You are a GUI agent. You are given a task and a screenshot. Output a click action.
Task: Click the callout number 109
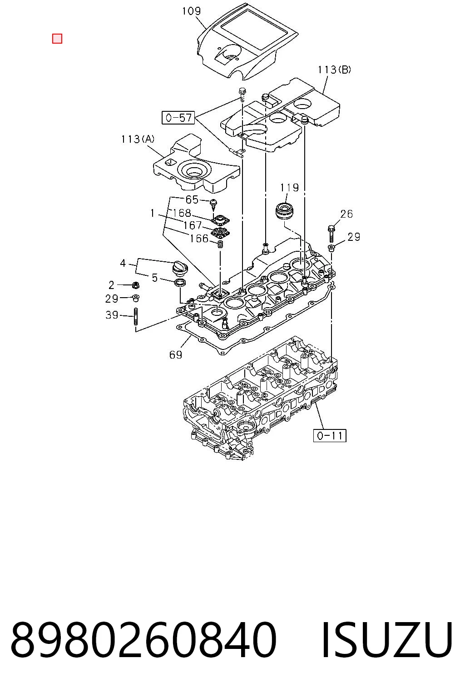click(x=191, y=11)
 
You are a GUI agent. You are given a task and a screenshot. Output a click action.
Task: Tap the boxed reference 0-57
click(x=178, y=118)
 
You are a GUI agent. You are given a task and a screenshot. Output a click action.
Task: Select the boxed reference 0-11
click(x=330, y=435)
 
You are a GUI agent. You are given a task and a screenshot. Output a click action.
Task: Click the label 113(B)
click(x=334, y=70)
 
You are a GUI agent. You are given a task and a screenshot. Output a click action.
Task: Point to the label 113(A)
click(x=138, y=139)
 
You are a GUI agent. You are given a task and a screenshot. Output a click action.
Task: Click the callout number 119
click(x=289, y=188)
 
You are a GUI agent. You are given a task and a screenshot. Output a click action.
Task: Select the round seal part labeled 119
click(x=285, y=211)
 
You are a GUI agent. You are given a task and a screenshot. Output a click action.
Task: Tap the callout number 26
click(x=346, y=214)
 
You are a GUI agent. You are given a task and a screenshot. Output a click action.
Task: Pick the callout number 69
click(x=176, y=354)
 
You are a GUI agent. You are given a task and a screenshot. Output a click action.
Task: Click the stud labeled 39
click(x=136, y=317)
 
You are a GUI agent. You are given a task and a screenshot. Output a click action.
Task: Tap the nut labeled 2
click(x=135, y=284)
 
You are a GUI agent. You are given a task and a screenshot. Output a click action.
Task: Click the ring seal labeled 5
click(x=180, y=283)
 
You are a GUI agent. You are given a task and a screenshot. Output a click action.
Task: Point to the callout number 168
click(x=182, y=213)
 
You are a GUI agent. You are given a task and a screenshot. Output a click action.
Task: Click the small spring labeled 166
click(x=221, y=244)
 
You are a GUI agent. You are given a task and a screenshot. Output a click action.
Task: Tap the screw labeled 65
click(x=214, y=203)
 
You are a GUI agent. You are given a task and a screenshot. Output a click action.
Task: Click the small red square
click(x=57, y=39)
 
